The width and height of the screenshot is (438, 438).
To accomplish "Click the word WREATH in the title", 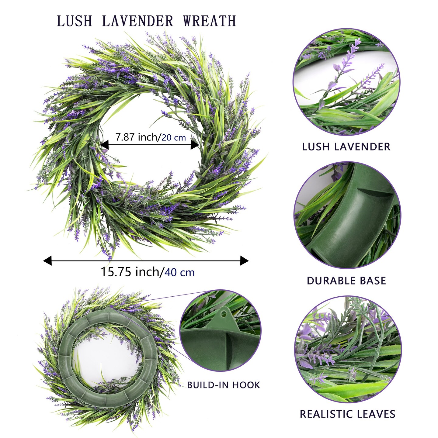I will point(209,21).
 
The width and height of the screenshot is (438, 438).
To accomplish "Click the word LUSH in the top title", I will point(74,21).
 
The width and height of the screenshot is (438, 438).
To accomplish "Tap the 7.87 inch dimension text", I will point(137,137).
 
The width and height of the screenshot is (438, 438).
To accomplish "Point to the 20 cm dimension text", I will point(174,138).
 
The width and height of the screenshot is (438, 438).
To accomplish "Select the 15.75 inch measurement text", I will point(130,272).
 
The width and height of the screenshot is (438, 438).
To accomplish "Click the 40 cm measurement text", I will point(179,272).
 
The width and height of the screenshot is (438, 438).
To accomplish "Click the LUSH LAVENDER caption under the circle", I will point(346,147).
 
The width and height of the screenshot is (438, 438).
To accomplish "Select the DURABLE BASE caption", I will point(346,281).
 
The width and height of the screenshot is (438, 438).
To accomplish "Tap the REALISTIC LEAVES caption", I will point(347,414).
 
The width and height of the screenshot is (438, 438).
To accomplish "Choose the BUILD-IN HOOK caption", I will point(224,385).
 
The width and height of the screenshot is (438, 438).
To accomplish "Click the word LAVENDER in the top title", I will point(137,21).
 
